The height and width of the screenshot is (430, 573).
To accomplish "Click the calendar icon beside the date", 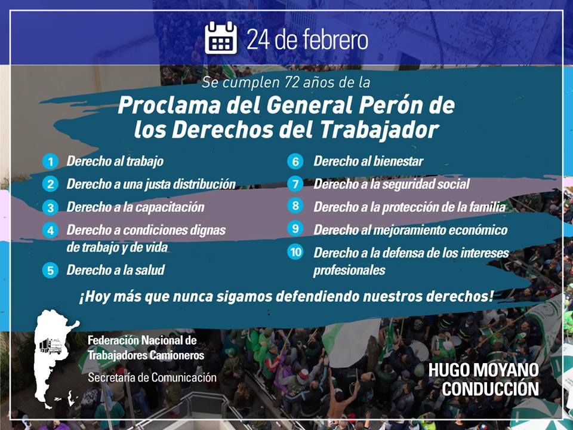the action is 221,38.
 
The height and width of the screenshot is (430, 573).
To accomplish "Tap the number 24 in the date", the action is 258,39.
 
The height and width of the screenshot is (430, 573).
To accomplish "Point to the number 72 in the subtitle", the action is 291,82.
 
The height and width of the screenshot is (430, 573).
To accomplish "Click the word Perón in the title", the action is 385,105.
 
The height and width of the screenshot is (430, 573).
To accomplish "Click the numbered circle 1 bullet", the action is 50,161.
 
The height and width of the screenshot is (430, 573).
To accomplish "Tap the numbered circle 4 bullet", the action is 50,231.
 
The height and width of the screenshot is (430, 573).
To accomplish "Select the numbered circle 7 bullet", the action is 295,184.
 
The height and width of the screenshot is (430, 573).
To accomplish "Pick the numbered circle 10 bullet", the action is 295,252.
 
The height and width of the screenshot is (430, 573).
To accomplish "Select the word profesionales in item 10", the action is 349,271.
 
